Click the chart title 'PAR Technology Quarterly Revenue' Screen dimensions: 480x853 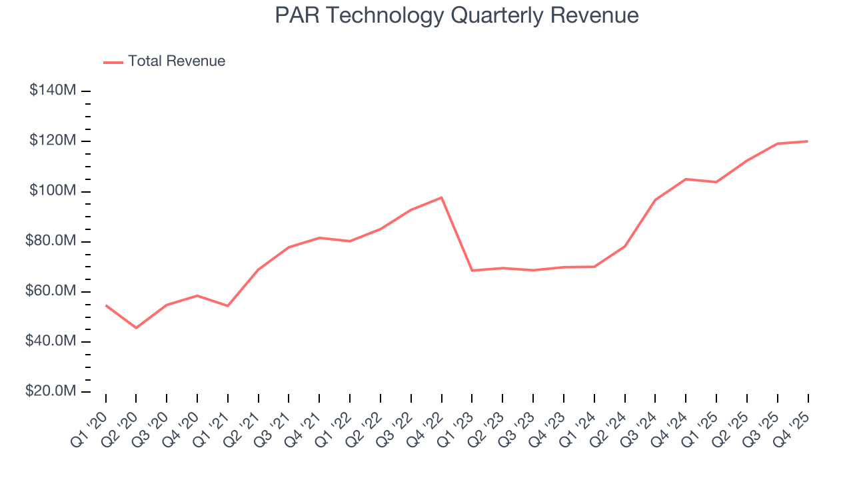click(456, 15)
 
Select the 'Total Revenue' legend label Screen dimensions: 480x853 click(177, 61)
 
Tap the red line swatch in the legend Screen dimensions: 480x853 click(113, 62)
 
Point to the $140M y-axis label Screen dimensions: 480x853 click(52, 91)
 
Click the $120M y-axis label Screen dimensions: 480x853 click(52, 141)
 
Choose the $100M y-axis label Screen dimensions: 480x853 click(52, 191)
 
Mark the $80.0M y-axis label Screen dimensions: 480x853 click(50, 241)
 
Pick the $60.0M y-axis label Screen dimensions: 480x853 click(50, 291)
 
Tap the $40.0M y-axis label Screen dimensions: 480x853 click(50, 341)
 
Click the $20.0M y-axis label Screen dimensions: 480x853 click(50, 391)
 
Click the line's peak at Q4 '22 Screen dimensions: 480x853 click(441, 197)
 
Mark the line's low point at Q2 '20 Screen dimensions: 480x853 click(136, 328)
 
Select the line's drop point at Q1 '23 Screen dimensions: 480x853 click(472, 270)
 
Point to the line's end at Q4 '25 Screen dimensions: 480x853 click(808, 141)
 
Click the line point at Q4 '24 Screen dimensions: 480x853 click(686, 179)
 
